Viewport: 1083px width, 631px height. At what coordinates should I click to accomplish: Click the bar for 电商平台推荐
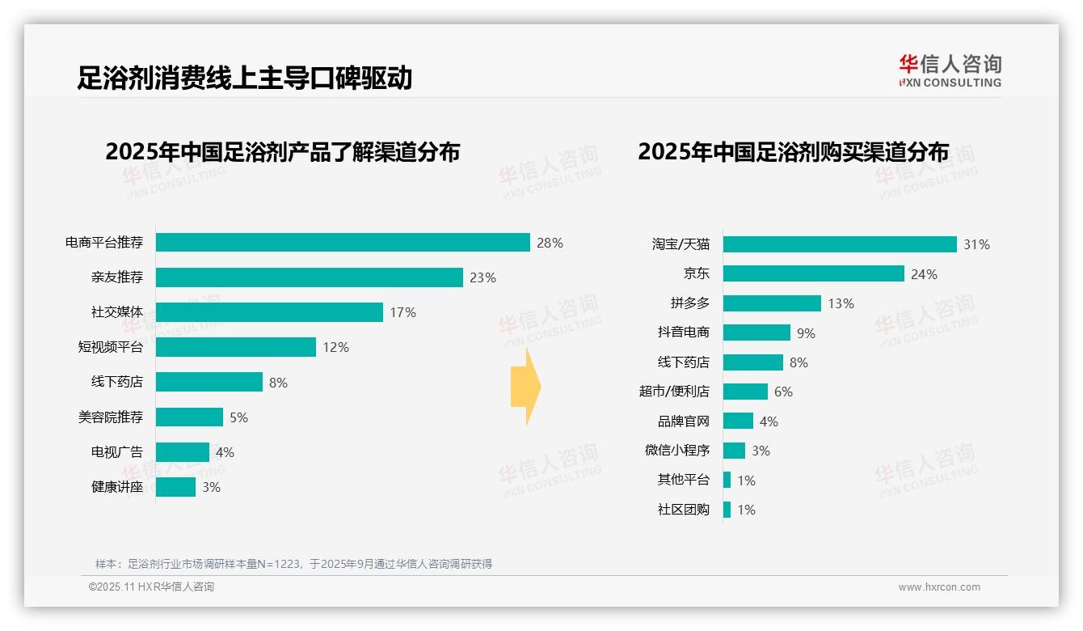click(x=343, y=243)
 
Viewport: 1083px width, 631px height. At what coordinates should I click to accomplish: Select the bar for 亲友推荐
click(x=309, y=277)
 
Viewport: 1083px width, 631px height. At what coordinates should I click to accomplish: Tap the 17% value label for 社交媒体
click(x=402, y=312)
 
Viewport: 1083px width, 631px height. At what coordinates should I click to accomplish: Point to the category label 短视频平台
click(x=110, y=347)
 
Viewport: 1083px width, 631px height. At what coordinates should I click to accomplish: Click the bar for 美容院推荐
click(x=189, y=417)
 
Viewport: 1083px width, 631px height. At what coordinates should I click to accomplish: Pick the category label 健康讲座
click(x=116, y=487)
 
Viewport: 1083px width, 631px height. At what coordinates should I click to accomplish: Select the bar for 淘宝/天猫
click(x=840, y=244)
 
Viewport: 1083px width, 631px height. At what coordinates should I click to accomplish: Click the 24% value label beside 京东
click(x=924, y=274)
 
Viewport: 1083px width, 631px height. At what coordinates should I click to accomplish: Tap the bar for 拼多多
click(x=772, y=303)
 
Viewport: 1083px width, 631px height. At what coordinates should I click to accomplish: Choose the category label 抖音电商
click(x=683, y=332)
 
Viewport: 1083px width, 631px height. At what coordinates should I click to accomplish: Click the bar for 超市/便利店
click(x=745, y=392)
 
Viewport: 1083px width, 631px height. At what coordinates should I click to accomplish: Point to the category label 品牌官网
click(x=683, y=421)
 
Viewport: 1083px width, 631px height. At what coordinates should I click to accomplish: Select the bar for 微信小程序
click(x=734, y=451)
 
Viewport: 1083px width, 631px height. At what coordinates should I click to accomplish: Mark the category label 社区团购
click(x=683, y=510)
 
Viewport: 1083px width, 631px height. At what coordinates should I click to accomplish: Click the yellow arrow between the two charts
click(x=526, y=387)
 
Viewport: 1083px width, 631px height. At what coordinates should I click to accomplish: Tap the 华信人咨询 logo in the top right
click(x=950, y=71)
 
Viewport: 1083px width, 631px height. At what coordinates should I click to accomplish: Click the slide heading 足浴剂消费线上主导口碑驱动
click(x=244, y=78)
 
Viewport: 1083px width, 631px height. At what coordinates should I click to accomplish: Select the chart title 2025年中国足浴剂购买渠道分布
click(x=793, y=152)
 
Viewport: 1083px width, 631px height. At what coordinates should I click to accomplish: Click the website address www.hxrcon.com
click(x=939, y=587)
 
